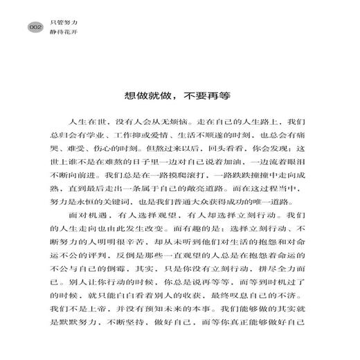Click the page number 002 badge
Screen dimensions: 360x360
pos(35,28)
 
